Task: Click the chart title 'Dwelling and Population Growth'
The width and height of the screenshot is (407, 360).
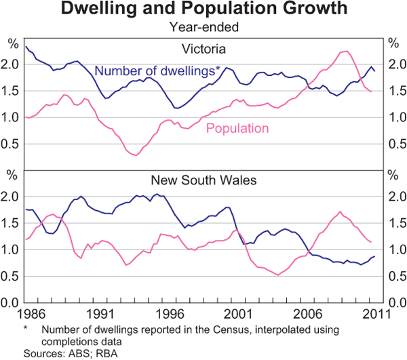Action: [204, 9]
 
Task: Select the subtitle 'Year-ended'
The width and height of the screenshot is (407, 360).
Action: [204, 28]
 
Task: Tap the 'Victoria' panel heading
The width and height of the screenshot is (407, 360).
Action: [203, 49]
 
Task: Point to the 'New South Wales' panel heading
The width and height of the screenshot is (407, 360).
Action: [204, 181]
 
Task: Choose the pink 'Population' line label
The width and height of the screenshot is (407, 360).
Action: [237, 128]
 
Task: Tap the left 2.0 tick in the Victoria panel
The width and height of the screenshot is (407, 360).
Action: [12, 64]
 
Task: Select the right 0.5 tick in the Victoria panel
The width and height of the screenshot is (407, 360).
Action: [395, 143]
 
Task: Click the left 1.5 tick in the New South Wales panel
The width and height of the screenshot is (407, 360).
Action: [12, 223]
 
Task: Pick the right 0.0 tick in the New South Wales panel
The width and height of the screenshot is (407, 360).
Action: [395, 302]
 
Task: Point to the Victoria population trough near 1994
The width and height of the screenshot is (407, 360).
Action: [136, 155]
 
